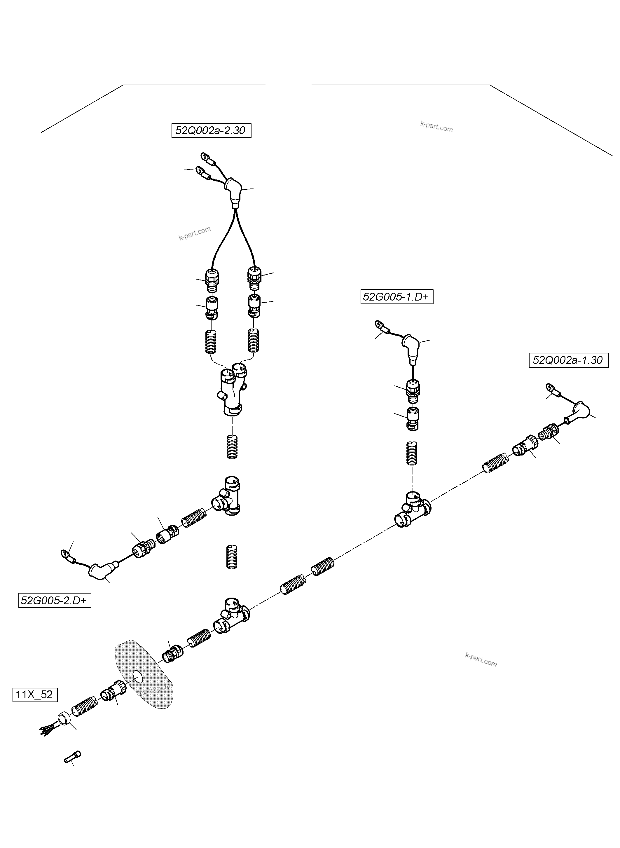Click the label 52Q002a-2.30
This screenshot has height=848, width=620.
[211, 130]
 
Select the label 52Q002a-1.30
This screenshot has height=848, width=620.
[568, 360]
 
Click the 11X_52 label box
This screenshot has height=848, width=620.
[35, 695]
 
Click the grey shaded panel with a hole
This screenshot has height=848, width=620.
[146, 676]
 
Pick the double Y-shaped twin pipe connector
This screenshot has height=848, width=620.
[233, 390]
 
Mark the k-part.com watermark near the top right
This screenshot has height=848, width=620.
[436, 127]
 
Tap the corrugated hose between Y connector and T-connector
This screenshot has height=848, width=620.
[232, 447]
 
